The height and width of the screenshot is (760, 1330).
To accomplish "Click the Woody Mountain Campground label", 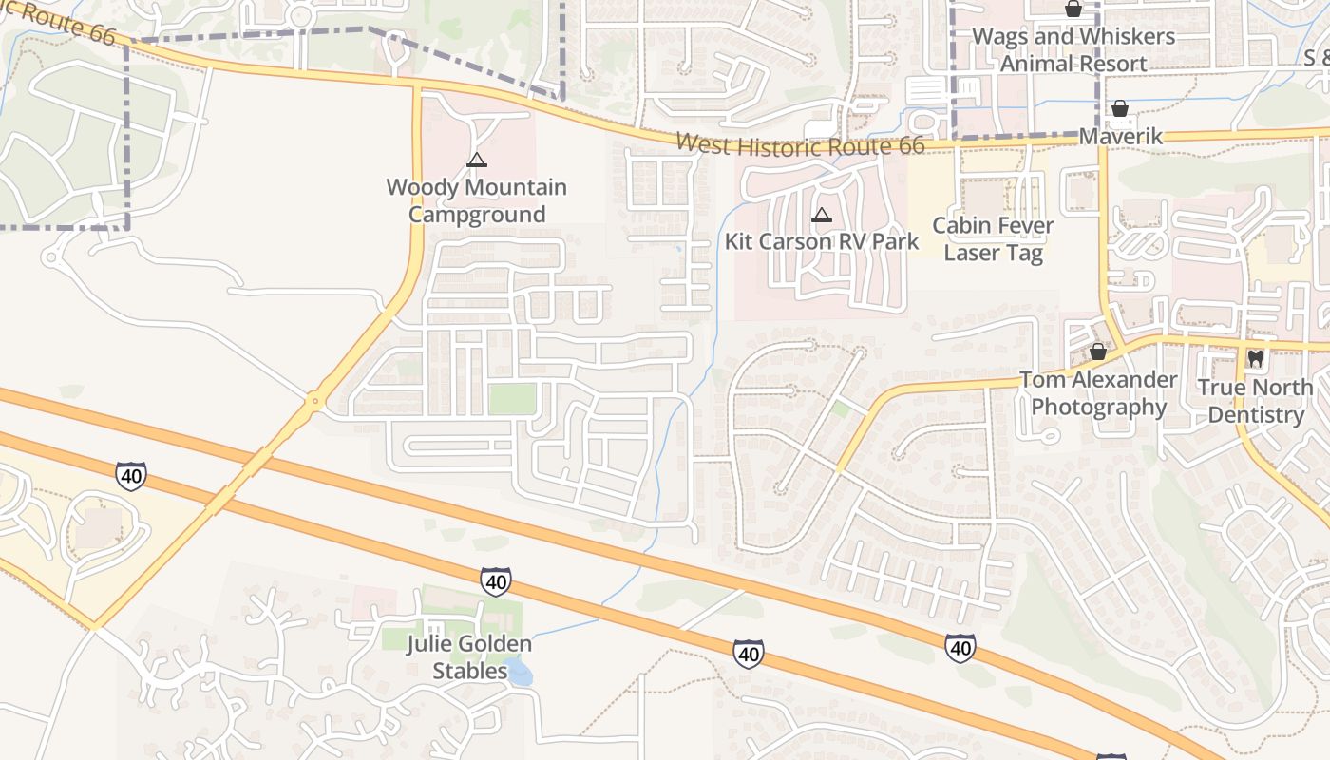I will [476, 200].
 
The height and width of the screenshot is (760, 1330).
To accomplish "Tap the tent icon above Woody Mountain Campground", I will [477, 160].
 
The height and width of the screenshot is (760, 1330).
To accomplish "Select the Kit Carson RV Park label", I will [822, 240].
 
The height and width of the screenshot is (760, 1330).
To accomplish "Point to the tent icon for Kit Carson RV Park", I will [822, 215].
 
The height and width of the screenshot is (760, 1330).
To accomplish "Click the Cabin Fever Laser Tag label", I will [993, 239].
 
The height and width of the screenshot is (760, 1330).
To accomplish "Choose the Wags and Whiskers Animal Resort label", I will [1073, 50].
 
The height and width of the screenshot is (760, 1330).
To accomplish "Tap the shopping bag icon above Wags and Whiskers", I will [1073, 9].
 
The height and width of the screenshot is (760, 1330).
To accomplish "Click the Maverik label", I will [1121, 137].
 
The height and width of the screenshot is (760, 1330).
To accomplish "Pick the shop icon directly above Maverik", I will [1120, 108].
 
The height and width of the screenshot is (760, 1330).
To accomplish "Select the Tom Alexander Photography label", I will [1098, 393].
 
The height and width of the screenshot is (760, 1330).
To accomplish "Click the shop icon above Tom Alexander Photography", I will [1098, 351].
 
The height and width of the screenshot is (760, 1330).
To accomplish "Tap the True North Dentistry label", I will [1255, 401].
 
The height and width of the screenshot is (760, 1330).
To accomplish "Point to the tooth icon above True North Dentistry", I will [1255, 359].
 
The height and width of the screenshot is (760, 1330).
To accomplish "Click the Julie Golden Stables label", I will [469, 657].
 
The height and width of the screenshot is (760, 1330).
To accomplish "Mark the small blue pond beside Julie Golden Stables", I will [519, 674].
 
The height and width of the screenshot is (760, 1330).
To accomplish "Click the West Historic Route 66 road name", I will [799, 145].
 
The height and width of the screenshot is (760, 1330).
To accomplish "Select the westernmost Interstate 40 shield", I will [131, 476].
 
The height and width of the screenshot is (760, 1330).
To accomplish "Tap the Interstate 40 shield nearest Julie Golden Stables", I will [495, 580].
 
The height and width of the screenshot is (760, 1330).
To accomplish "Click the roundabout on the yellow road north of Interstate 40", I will [314, 404].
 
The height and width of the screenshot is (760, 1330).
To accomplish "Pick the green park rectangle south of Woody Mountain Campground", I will [513, 399].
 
